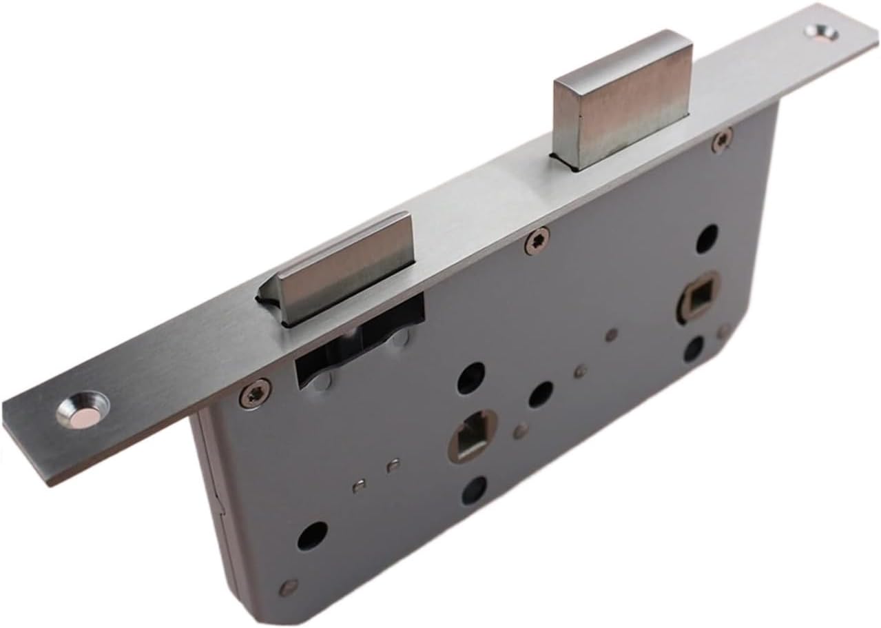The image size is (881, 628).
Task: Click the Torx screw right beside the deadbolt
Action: click(x=721, y=141)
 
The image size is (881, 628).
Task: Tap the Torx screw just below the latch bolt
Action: click(x=252, y=394)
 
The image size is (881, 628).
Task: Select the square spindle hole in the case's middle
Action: click(x=471, y=438)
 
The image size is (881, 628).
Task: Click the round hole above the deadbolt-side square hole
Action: click(x=707, y=239)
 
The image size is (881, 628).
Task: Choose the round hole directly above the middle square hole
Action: click(x=471, y=378)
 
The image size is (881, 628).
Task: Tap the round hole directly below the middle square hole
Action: click(x=475, y=490)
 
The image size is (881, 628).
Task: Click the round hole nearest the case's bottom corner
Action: click(x=312, y=535)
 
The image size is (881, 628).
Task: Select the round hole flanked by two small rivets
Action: click(x=541, y=394)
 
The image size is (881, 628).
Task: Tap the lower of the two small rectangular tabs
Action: click(x=359, y=486)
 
